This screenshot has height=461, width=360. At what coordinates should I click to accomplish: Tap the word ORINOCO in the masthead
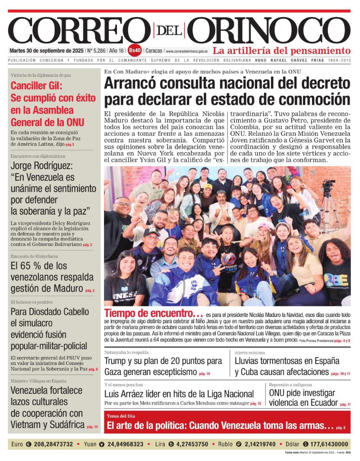pos(271,30)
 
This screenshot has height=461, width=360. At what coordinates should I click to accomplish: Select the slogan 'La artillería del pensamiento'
pos(281,51)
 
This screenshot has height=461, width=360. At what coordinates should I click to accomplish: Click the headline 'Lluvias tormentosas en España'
pos(287,361)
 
